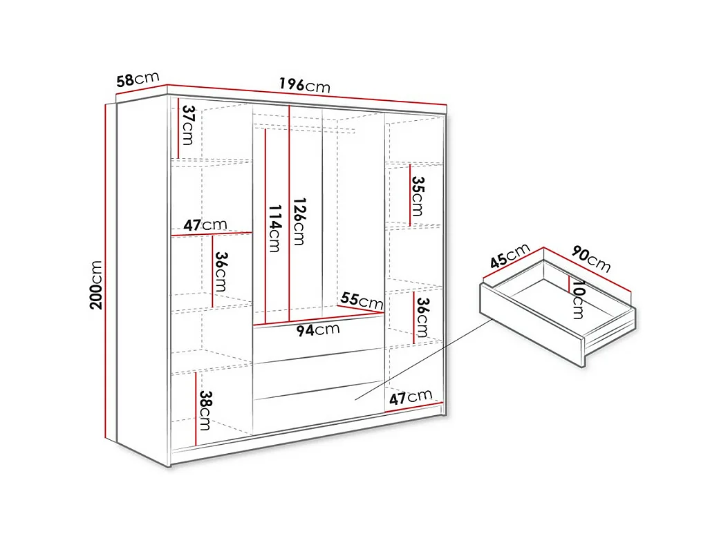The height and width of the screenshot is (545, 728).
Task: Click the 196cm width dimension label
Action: click(x=304, y=85)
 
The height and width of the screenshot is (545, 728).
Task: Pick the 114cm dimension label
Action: click(x=274, y=228)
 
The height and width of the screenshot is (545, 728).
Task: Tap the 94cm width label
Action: click(x=318, y=329)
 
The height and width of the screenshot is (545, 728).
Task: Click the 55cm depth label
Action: click(x=362, y=300)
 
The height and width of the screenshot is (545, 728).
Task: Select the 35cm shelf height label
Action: click(x=417, y=196)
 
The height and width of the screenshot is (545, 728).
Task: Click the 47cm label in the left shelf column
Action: click(x=205, y=225)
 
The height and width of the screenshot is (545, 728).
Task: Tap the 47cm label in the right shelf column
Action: click(x=411, y=397)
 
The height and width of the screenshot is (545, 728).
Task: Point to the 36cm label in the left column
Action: click(x=221, y=271)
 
